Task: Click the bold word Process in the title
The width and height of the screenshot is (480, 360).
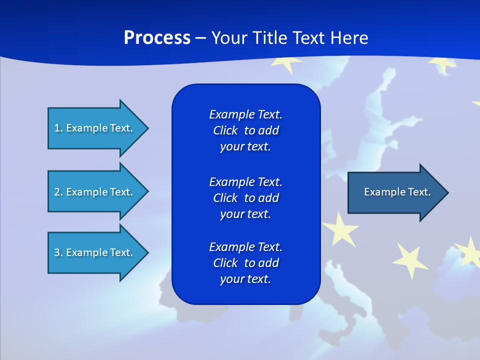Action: [157, 37]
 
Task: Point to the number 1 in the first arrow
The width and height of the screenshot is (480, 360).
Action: [57, 128]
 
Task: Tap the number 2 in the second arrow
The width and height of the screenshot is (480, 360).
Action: [57, 192]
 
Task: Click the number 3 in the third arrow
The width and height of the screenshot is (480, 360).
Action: [57, 252]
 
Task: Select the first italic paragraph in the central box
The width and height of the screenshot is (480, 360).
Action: [245, 130]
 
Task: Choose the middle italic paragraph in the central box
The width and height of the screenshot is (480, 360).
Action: [245, 197]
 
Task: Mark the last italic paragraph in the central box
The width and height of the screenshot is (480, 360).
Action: [245, 263]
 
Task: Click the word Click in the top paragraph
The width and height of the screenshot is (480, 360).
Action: [225, 130]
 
